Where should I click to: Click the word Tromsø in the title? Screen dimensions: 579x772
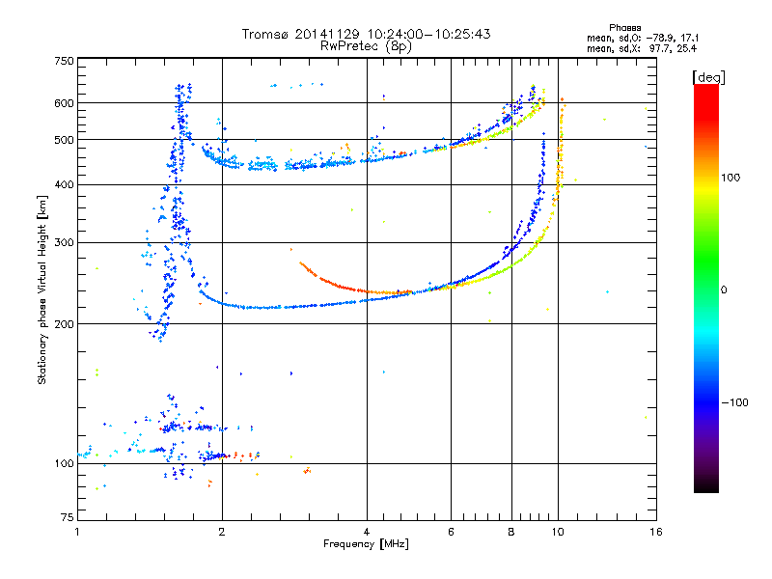tap(265, 33)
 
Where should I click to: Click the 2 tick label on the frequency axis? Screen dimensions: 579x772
tap(222, 532)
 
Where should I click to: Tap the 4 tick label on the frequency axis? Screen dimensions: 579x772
tap(368, 532)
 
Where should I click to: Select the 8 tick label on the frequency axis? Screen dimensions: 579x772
tap(511, 532)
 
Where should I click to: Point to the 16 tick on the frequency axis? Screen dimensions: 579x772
tap(655, 532)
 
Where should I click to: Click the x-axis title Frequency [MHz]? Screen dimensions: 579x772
tap(366, 544)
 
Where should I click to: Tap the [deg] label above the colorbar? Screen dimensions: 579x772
tap(707, 76)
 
